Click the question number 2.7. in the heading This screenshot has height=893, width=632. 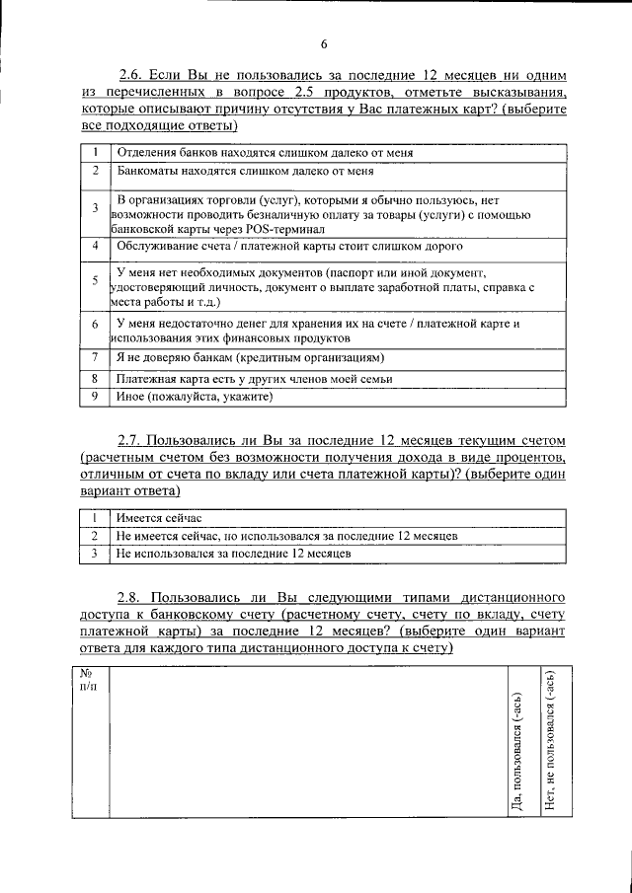coord(133,438)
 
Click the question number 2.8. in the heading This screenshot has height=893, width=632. coord(133,598)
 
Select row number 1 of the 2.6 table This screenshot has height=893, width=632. coord(94,153)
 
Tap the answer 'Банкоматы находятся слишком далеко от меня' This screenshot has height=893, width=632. coord(244,171)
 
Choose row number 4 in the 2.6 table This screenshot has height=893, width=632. coord(94,245)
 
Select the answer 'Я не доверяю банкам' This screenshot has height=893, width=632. coord(249,357)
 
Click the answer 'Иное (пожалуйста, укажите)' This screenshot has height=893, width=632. coord(193,397)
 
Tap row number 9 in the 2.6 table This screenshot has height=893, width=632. coord(94,397)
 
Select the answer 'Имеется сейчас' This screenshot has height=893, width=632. coord(158,517)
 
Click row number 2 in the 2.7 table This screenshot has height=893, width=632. coord(94,536)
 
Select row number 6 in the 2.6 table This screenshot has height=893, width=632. coord(94,325)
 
